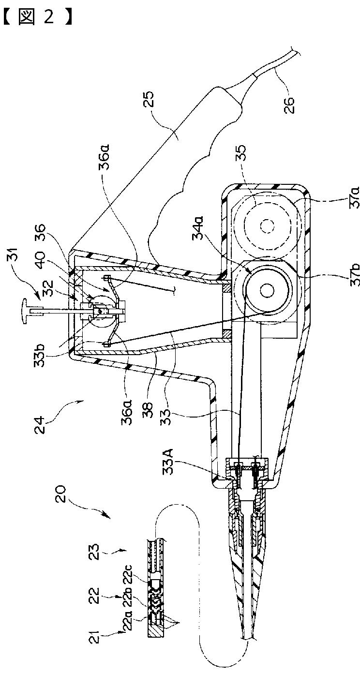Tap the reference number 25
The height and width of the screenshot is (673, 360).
tap(148, 99)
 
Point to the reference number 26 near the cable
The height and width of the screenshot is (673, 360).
tap(289, 104)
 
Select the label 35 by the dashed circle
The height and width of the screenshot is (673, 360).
tap(240, 153)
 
